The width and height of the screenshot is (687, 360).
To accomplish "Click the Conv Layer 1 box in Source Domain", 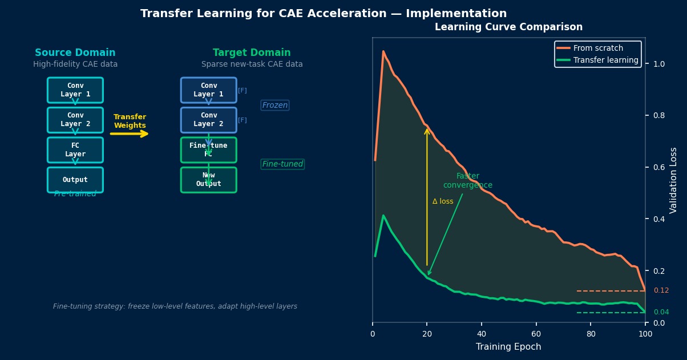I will coord(75,90).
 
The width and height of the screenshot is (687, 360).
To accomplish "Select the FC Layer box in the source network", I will coord(75,149).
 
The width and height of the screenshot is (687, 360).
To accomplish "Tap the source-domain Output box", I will coord(75,180).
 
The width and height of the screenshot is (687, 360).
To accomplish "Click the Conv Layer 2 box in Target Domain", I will coord(208,120).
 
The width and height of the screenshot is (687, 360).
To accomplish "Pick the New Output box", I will coord(208,180).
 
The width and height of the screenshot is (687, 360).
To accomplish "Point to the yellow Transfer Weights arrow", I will coord(130,134).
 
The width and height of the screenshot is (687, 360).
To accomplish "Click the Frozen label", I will coord(275,106).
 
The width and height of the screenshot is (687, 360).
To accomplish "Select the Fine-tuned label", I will coord(282,164).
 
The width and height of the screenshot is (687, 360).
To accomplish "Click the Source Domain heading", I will coord(75,52).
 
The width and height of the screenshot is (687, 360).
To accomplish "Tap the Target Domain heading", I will coord(252,52).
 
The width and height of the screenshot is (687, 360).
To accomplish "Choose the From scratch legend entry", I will coord(598,48).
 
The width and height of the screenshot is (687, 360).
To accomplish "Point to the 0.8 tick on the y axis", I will coord(659,115).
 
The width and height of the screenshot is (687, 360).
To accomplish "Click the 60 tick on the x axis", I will coord(536,334).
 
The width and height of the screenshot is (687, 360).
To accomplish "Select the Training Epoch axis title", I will coord(508,347).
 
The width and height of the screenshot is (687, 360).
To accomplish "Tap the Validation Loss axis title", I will coord(674,180).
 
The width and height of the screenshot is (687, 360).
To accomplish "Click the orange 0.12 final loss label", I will coord(661,290).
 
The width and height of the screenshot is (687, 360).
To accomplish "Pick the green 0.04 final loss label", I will coord(661,312).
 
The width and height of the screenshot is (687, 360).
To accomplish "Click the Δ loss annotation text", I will coord(443,201).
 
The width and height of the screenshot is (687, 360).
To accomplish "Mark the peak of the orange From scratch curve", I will coord(383,51).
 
